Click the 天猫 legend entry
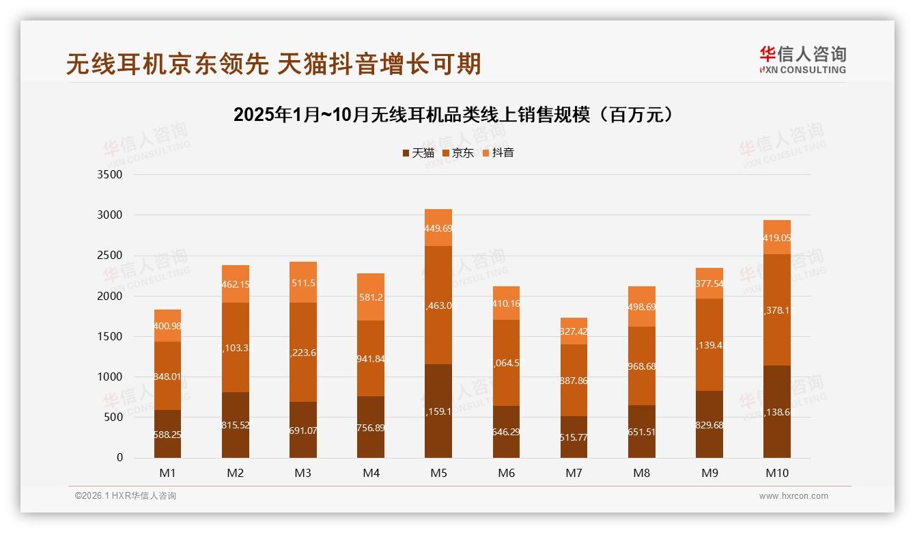[x=418, y=153]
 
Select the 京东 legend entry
[x=457, y=153]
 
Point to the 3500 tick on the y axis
[x=109, y=175]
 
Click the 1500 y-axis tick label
[x=109, y=337]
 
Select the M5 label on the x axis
[x=438, y=473]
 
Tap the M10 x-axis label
[x=777, y=473]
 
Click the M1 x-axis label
[x=167, y=473]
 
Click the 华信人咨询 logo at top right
[x=802, y=59]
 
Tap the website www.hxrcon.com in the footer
[x=793, y=496]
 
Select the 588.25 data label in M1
[x=167, y=435]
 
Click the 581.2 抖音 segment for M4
[x=371, y=297]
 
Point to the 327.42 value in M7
[x=574, y=331]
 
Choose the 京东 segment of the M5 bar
[x=438, y=305]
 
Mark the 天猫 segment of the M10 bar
[x=777, y=412]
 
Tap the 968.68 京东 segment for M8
[x=642, y=366]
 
